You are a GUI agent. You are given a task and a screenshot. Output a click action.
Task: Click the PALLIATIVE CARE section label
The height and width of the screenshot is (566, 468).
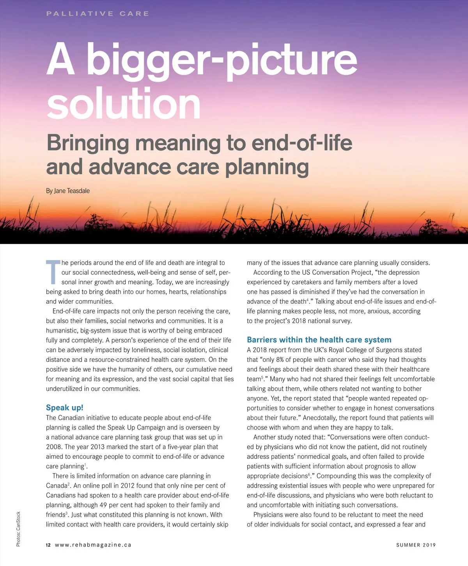97,14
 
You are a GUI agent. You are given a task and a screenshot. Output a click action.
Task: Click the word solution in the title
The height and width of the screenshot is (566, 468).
123,103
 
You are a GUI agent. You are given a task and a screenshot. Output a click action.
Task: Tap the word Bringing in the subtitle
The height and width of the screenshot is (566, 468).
87,143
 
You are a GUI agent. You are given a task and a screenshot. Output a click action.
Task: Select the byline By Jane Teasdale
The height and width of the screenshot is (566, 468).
68,191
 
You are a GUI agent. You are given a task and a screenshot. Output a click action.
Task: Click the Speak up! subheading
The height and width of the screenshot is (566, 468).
64,408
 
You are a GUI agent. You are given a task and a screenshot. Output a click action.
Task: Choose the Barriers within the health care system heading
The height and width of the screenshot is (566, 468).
319,340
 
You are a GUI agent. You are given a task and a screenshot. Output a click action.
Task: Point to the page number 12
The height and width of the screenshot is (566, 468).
48,545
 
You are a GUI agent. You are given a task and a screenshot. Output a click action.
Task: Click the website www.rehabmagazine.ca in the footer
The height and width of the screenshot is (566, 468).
93,545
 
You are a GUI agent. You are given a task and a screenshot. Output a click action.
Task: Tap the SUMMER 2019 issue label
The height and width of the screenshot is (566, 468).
416,545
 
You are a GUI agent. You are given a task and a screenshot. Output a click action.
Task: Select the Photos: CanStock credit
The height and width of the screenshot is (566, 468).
18,529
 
